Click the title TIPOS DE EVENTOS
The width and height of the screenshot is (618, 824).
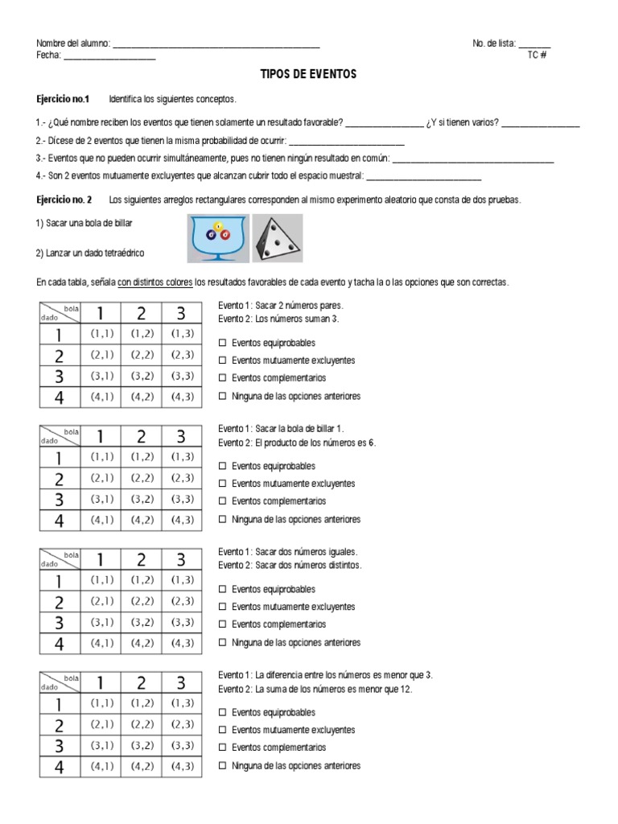pyautogui.click(x=308, y=74)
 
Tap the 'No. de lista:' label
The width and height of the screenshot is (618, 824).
pyautogui.click(x=494, y=43)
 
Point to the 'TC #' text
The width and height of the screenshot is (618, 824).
pyautogui.click(x=537, y=55)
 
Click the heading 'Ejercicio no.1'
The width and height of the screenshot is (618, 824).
pyautogui.click(x=64, y=99)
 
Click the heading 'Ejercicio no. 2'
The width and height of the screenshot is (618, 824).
pyautogui.click(x=65, y=199)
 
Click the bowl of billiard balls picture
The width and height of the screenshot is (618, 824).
pyautogui.click(x=218, y=238)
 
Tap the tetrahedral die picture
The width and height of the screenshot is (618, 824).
pyautogui.click(x=278, y=238)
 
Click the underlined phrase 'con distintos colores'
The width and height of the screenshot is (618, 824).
pyautogui.click(x=155, y=282)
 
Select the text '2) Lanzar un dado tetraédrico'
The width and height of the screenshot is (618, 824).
pyautogui.click(x=89, y=253)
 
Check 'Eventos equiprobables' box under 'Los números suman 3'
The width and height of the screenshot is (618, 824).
pyautogui.click(x=223, y=344)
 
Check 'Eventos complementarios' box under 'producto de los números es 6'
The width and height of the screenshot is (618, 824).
pyautogui.click(x=223, y=501)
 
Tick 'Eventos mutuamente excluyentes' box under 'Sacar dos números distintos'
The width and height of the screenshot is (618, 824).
pyautogui.click(x=223, y=608)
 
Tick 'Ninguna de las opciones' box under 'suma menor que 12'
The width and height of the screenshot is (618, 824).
pyautogui.click(x=223, y=766)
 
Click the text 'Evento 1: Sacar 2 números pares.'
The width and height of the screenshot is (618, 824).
pyautogui.click(x=281, y=306)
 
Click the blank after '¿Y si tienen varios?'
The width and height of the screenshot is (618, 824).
pyautogui.click(x=540, y=123)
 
